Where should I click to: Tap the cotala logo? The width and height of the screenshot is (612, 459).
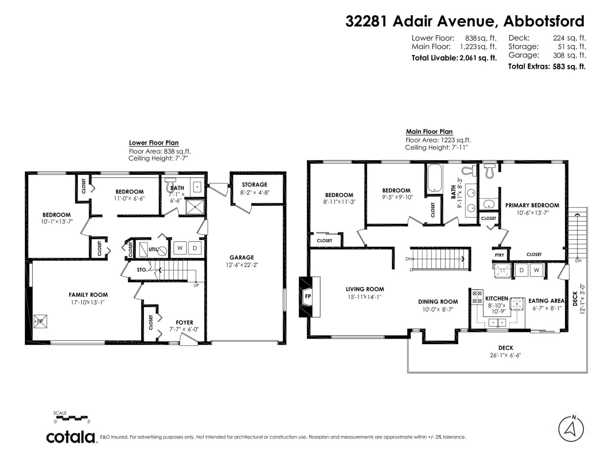[71, 437]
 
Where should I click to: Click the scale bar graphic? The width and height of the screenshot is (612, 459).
[72, 418]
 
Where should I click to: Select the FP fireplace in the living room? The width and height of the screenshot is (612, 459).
[308, 296]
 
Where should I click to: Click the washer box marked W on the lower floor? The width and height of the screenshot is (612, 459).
[180, 248]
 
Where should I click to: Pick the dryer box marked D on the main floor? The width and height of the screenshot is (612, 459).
[521, 270]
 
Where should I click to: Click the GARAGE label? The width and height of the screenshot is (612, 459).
[241, 257]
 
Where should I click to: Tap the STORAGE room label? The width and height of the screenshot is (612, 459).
[254, 184]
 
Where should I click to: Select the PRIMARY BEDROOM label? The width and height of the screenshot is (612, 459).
[532, 205]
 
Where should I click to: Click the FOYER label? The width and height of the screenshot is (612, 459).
[184, 322]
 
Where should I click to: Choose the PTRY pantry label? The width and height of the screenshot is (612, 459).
[499, 255]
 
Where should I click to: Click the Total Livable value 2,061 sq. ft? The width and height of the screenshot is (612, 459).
[478, 58]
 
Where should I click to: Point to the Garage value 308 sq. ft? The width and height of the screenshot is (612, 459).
[569, 55]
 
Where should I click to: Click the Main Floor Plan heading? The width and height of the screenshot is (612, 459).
[429, 132]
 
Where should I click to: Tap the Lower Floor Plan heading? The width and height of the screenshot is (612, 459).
[154, 143]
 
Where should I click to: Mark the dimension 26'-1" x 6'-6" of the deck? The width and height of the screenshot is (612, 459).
[505, 355]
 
